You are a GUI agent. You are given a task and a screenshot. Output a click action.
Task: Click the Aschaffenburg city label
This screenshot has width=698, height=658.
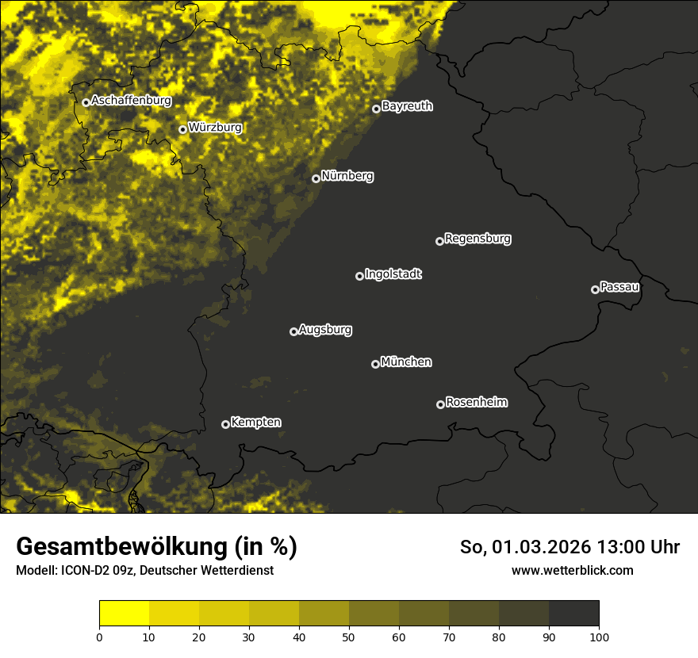point(131,101)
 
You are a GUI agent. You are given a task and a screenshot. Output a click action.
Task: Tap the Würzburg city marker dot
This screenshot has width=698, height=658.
point(182,129)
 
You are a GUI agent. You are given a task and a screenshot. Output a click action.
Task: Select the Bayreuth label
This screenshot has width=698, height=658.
point(407,106)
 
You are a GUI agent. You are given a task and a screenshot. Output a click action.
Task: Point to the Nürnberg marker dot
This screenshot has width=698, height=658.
point(316,178)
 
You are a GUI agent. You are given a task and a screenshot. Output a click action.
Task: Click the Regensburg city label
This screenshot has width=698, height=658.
point(477,239)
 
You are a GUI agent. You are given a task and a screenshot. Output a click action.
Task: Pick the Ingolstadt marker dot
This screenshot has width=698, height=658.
point(359,276)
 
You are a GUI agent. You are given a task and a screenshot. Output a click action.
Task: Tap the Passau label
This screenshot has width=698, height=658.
point(619,287)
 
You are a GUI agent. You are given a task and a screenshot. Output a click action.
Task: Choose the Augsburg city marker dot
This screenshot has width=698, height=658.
point(293,331)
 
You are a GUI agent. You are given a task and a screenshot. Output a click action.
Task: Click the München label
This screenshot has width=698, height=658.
point(406,362)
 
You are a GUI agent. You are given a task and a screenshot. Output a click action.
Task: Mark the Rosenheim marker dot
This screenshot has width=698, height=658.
point(440,404)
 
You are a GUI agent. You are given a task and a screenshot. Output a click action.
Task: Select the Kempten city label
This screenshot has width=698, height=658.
point(255,423)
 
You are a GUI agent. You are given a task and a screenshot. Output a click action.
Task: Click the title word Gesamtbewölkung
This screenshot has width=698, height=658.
point(121,546)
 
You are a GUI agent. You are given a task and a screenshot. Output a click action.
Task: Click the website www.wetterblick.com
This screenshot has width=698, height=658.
point(573,570)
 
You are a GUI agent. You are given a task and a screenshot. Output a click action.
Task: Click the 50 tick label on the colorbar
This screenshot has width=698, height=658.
point(349,636)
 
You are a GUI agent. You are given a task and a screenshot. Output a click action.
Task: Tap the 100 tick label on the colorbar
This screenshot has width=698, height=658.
point(598,636)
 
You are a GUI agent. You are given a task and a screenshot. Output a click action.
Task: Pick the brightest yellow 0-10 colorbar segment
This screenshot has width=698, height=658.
point(125,614)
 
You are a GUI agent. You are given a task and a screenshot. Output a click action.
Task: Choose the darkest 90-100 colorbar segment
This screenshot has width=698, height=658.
point(573,614)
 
